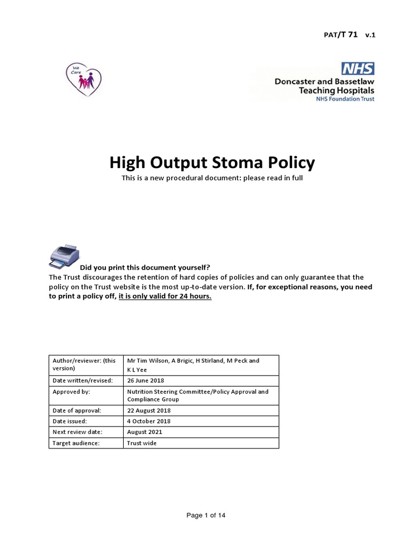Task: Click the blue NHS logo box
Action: pyautogui.click(x=357, y=68)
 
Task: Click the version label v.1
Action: pyautogui.click(x=370, y=35)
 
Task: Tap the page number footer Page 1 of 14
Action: pyautogui.click(x=206, y=515)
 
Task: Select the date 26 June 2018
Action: pyautogui.click(x=146, y=380)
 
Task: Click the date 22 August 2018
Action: pyautogui.click(x=149, y=410)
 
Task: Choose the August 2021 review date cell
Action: pyautogui.click(x=144, y=432)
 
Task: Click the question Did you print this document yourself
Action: pyautogui.click(x=145, y=267)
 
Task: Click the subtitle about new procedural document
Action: pyautogui.click(x=212, y=178)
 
